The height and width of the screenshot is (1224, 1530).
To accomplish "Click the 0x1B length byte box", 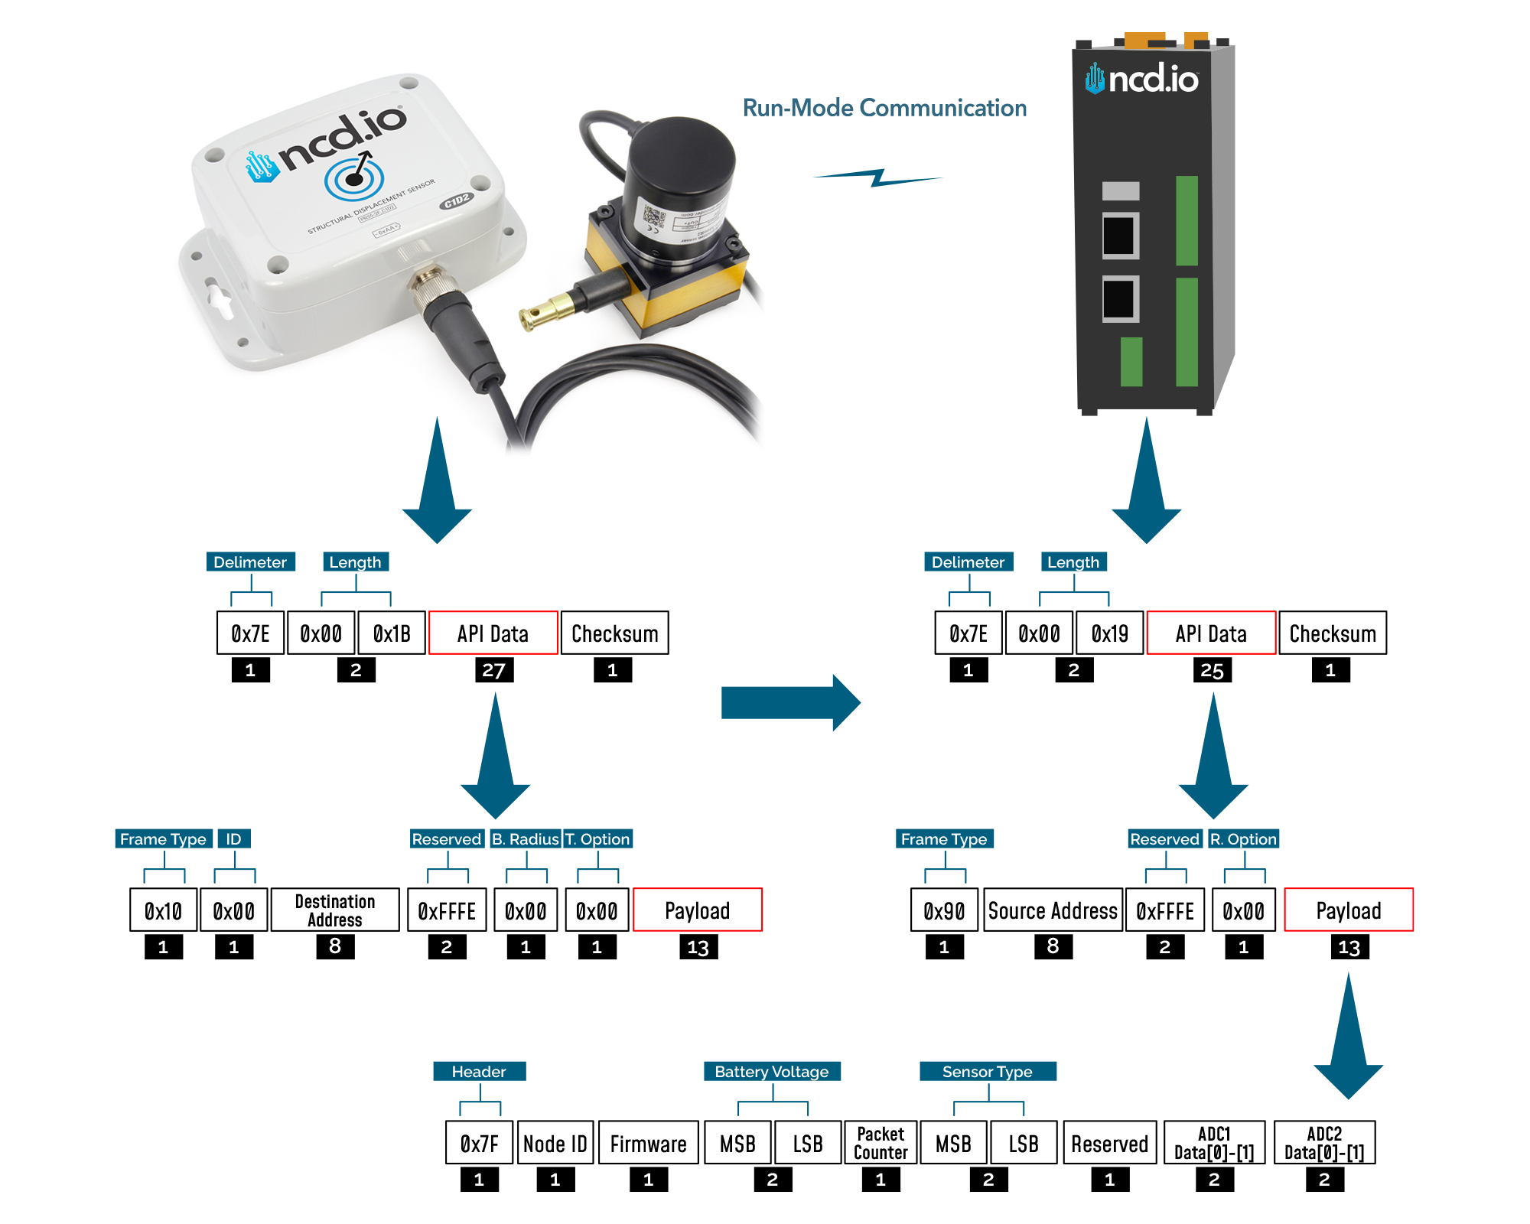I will pos(392,633).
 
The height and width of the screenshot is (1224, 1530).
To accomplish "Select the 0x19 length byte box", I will pos(1109,633).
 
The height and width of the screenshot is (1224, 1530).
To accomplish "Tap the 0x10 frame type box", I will pos(163,910).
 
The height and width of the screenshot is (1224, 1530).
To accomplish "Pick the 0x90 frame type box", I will pos(944,910).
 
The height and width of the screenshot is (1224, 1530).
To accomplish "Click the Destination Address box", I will pos(335,910).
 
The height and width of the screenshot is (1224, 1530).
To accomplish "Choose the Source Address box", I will pos(1053,910).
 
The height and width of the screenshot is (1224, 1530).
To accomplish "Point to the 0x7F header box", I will pos(479,1143).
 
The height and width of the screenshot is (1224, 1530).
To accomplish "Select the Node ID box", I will pos(555,1143).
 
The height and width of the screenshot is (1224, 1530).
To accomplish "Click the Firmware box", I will pos(648,1143).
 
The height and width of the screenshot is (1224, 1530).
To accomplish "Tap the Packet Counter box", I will pos(881,1143).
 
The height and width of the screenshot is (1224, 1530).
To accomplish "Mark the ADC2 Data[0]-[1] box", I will pos(1324,1143).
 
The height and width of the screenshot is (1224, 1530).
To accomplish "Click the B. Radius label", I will pos(526,838).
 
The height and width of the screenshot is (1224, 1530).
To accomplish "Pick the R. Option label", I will pos(1243,838).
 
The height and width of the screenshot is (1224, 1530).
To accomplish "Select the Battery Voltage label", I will pos(771,1071).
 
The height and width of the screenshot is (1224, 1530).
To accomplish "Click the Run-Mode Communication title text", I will pos(884,108).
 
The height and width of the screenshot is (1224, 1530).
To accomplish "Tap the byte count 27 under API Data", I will pos(493,670).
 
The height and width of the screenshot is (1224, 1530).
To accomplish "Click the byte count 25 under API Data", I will pos(1212,670).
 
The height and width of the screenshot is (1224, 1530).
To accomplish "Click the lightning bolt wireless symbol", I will pos(878,177).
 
